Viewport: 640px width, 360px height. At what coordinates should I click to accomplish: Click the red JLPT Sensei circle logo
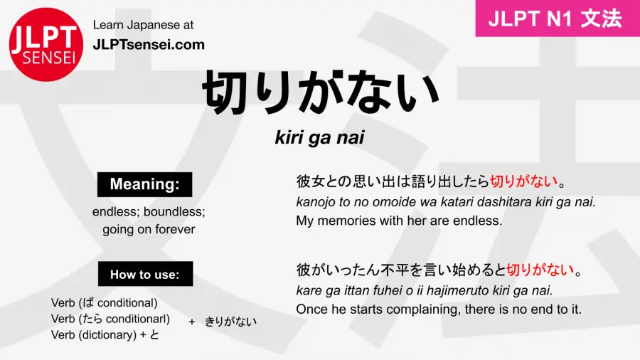coord(46,45)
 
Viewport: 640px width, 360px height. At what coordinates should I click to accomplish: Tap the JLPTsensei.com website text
coord(149,45)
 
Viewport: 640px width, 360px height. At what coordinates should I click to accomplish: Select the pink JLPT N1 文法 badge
coord(558,18)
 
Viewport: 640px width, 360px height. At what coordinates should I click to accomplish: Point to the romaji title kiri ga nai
coord(319,137)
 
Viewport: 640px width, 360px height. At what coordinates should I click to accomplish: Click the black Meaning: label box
coord(144,184)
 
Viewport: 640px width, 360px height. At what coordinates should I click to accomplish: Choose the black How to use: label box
coord(145,274)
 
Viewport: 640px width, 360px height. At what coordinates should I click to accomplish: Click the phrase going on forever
coord(149,229)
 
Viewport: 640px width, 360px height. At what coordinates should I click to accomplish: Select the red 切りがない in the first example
coord(523,181)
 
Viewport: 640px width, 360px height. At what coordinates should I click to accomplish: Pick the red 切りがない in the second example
coord(540,270)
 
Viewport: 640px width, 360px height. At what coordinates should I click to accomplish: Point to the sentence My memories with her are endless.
coord(399,221)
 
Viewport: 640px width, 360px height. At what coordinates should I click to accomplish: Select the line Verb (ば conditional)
coord(104,303)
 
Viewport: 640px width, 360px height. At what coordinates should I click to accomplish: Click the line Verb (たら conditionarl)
coord(110,319)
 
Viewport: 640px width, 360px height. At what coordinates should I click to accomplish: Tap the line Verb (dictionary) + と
coord(105,334)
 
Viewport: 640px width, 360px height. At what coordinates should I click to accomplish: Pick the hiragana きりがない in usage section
coord(230,322)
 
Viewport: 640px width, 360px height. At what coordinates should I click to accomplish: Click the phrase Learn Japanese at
coord(143,25)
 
